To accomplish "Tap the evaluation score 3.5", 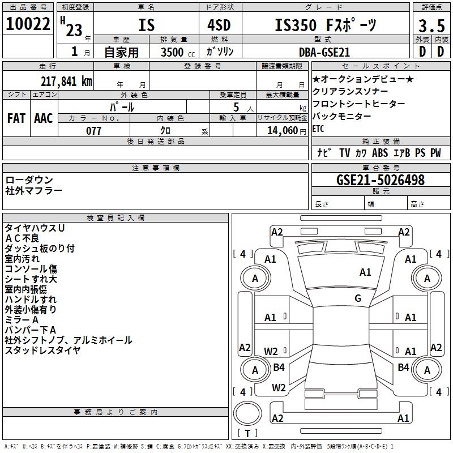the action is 431,26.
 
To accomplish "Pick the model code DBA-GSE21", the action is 324,52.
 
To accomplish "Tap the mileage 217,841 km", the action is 66,81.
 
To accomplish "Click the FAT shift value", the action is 16,118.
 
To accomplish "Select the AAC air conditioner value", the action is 44,118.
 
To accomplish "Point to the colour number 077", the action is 93,130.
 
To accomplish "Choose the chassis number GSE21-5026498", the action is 372,180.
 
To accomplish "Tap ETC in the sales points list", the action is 319,129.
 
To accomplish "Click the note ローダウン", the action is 29,180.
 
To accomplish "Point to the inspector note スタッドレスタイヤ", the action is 42,350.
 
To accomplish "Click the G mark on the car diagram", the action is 357,298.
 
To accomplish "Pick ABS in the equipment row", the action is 380,153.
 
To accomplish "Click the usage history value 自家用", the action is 121,52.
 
